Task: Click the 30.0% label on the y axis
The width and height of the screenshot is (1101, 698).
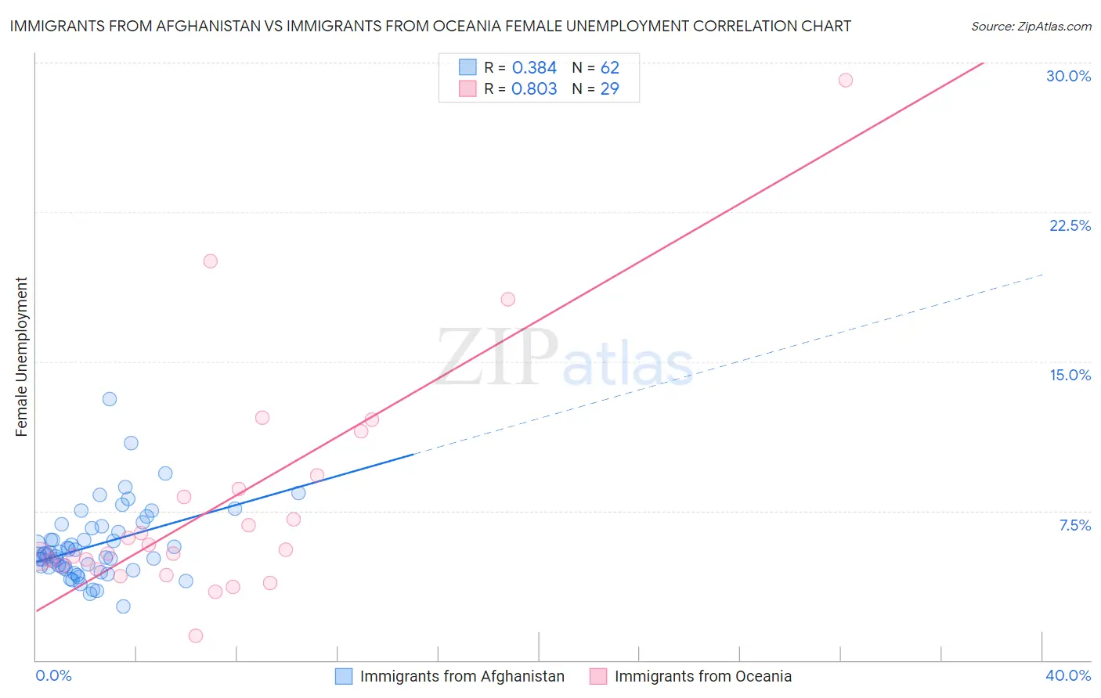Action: pyautogui.click(x=1068, y=76)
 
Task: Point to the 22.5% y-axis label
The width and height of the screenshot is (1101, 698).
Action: pyautogui.click(x=1070, y=225)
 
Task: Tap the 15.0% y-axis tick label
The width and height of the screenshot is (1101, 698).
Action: pyautogui.click(x=1070, y=375)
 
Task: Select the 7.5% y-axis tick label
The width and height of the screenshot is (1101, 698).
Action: pyautogui.click(x=1074, y=525)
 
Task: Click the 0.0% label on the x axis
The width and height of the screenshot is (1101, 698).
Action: pyautogui.click(x=53, y=675)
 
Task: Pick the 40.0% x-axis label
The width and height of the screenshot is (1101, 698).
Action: pyautogui.click(x=1067, y=675)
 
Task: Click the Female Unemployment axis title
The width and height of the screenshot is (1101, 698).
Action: pyautogui.click(x=21, y=357)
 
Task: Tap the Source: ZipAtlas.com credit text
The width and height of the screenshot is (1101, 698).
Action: pyautogui.click(x=1031, y=27)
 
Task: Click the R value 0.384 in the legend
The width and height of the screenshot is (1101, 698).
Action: pyautogui.click(x=534, y=68)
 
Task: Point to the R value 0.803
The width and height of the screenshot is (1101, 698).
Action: pyautogui.click(x=534, y=89)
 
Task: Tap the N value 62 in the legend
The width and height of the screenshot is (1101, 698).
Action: pyautogui.click(x=609, y=68)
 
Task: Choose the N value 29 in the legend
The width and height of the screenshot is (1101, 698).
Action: pyautogui.click(x=609, y=89)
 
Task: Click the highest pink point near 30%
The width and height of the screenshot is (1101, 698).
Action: pyautogui.click(x=845, y=80)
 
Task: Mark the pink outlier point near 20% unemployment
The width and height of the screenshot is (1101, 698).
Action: pyautogui.click(x=210, y=261)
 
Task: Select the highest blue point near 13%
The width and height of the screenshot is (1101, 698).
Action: pyautogui.click(x=110, y=399)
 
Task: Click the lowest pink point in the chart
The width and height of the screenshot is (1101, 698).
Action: pyautogui.click(x=196, y=635)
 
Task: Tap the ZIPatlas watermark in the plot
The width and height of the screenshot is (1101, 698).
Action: pyautogui.click(x=564, y=358)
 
